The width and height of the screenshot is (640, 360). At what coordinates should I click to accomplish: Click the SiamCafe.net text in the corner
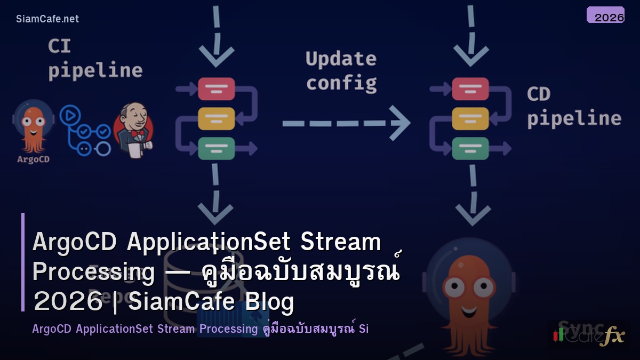pyautogui.click(x=47, y=19)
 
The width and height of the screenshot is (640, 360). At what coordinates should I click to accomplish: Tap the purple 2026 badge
pyautogui.click(x=605, y=15)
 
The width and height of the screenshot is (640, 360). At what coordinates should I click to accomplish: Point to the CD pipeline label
pyautogui.click(x=573, y=107)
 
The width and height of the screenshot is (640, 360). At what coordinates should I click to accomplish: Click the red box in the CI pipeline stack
pyautogui.click(x=217, y=89)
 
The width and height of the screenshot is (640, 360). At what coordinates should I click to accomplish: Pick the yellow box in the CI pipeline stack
pyautogui.click(x=217, y=118)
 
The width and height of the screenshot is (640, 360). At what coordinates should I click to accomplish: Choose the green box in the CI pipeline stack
pyautogui.click(x=217, y=148)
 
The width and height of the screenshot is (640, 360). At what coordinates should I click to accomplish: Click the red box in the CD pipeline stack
pyautogui.click(x=470, y=89)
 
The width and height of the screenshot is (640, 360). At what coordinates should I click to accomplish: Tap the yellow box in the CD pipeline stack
pyautogui.click(x=470, y=118)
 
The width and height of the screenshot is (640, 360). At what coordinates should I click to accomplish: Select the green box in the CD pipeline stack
pyautogui.click(x=470, y=148)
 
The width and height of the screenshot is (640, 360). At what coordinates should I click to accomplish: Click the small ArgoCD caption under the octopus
pyautogui.click(x=34, y=159)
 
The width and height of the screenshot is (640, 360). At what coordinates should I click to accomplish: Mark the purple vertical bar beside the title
pyautogui.click(x=23, y=261)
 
